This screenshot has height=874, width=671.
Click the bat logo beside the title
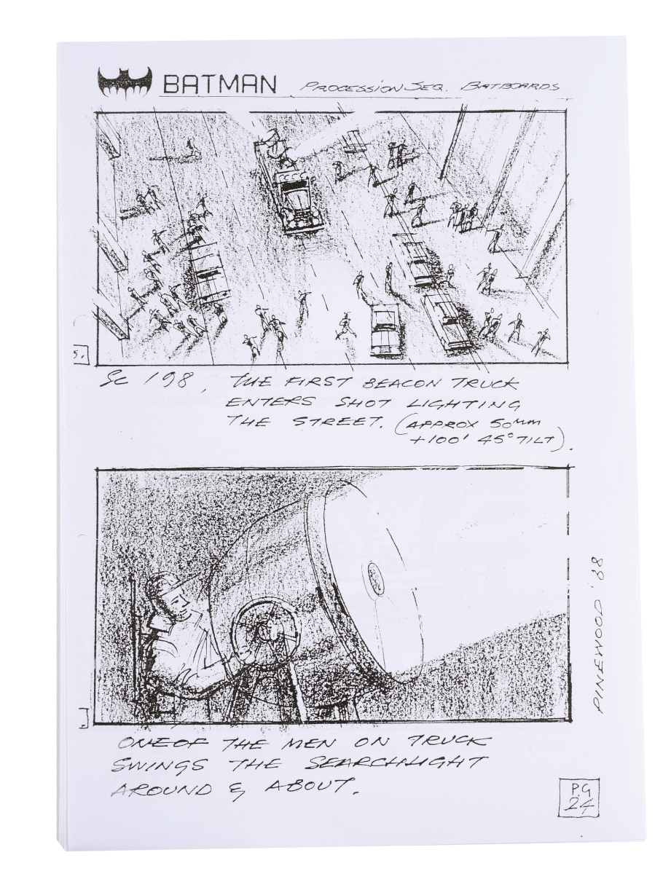tap(125, 82)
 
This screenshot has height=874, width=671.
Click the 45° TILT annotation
tap(511, 441)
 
